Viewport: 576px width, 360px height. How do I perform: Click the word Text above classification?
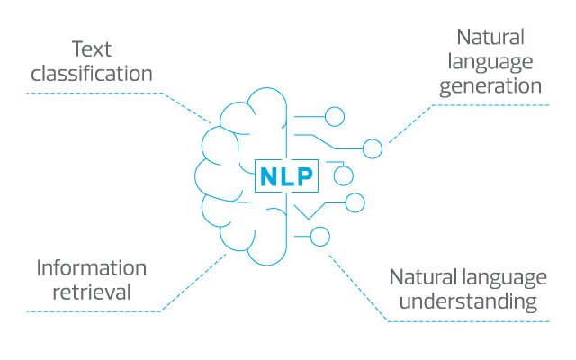tap(92, 49)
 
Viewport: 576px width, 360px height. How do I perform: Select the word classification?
tap(92, 73)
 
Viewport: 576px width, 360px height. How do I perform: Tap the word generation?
tap(490, 87)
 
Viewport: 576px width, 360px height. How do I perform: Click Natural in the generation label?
tap(490, 37)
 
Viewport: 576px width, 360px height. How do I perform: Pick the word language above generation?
tap(490, 62)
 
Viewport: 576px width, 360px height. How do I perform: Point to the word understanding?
tap(468, 302)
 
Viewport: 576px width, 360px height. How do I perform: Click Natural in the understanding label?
tap(423, 277)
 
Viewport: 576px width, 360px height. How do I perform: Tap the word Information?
tap(92, 268)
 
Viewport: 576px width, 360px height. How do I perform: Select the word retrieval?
tap(92, 292)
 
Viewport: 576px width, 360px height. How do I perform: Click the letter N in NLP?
tap(268, 176)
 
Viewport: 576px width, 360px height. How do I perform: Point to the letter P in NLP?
tap(305, 176)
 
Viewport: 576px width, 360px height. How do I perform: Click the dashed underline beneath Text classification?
tap(94, 93)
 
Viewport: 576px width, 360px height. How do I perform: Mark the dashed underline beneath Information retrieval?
tap(94, 311)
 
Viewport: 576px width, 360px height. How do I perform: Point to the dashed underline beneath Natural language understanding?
tap(468, 321)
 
